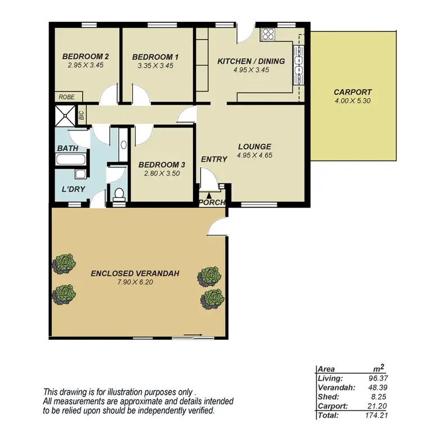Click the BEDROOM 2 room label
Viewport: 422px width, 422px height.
point(85,56)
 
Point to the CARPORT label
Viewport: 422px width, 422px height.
point(353,92)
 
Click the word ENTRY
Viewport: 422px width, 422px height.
point(214,159)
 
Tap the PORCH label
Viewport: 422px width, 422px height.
point(212,203)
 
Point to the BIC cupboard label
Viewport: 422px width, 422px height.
point(82,116)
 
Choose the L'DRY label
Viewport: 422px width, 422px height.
point(73,189)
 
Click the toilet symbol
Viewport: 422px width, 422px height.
point(119,195)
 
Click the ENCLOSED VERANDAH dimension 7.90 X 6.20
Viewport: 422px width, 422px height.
point(135,282)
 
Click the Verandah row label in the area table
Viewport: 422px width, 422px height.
point(333,387)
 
